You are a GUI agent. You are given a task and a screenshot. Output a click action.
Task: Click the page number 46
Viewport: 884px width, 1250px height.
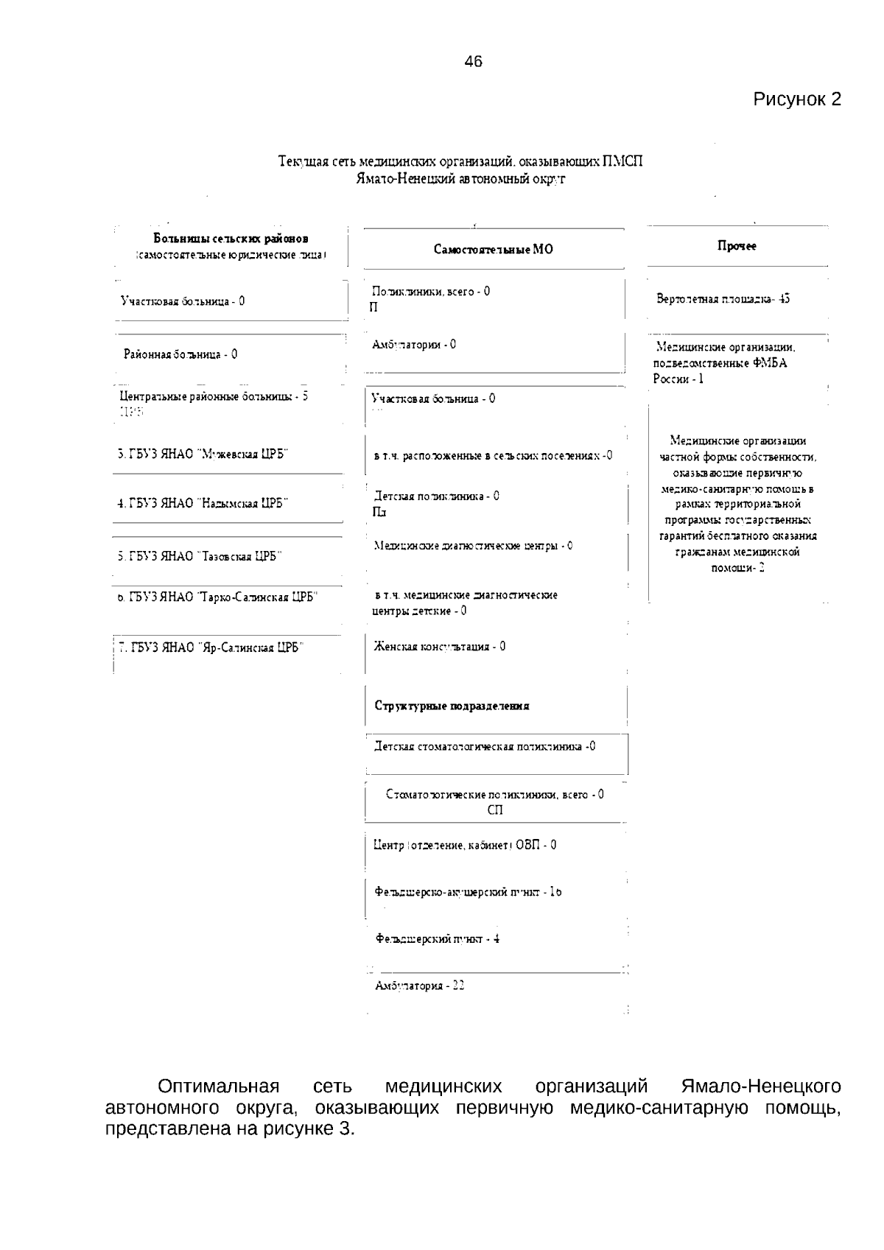474,62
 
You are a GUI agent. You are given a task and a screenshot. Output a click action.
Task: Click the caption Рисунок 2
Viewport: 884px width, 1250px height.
796,99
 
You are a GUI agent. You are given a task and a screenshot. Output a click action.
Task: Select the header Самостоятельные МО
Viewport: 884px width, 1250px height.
493,250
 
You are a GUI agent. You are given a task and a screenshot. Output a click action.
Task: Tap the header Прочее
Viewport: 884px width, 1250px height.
737,246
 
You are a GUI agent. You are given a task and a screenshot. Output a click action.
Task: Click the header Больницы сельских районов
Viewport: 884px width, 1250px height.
231,239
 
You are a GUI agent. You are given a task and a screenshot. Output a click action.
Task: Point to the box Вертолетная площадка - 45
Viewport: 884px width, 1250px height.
723,299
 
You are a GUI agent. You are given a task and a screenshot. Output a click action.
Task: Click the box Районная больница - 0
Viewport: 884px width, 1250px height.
180,354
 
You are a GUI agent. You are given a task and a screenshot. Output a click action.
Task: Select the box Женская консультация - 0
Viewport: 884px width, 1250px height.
439,647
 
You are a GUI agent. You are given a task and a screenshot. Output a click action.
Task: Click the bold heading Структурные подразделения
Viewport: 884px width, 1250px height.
452,706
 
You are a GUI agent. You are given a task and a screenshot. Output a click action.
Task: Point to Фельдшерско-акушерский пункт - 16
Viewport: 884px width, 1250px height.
468,892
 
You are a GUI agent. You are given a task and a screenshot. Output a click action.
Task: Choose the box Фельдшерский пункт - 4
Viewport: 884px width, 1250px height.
438,939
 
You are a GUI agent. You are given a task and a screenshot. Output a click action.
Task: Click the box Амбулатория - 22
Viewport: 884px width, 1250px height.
419,986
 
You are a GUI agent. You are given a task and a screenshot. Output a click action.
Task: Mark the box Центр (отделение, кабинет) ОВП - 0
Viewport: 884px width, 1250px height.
465,845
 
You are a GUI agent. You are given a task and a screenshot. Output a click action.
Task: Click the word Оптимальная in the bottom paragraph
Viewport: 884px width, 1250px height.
218,1086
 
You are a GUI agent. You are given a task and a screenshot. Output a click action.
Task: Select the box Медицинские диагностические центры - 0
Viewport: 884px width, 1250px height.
473,546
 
